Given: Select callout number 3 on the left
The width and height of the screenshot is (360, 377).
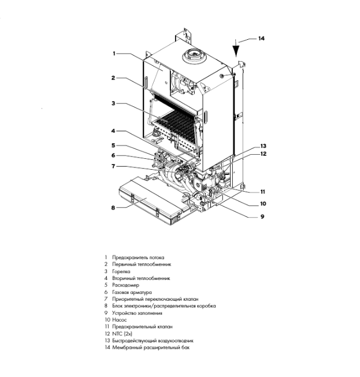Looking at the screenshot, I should pos(114,103).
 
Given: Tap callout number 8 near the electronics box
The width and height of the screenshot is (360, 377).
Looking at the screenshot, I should pos(114,207).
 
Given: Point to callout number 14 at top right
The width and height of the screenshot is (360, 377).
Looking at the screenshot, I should pos(261,39).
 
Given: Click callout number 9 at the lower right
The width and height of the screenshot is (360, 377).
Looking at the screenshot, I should pos(261,217).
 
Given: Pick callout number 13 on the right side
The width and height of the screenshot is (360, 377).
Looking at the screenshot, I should pos(263,145).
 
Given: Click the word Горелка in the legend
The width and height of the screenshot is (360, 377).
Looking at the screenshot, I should pos(121,271).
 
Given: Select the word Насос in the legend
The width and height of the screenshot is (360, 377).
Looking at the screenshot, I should pos(120,319).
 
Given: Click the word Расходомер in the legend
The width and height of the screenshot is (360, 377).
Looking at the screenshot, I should pos(127,285).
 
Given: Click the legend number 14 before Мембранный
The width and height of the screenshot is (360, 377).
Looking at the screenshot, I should pos(107,348).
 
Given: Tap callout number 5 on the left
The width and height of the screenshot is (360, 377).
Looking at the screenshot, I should pos(114,145).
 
